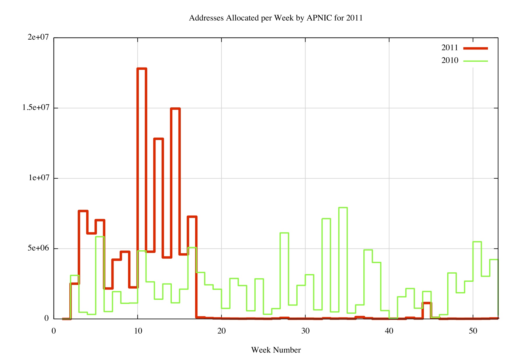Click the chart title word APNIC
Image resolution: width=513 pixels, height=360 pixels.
[x=319, y=18]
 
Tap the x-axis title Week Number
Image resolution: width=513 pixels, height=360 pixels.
[x=276, y=350]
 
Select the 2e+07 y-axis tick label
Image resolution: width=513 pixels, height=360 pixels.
[x=38, y=37]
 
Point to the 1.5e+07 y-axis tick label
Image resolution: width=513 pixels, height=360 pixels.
[x=36, y=108]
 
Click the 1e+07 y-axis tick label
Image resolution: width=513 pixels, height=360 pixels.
[x=39, y=178]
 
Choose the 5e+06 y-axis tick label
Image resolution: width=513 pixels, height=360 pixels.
[x=38, y=248]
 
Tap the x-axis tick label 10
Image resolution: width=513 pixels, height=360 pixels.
[x=138, y=331]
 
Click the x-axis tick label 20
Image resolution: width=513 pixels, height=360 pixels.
[x=222, y=331]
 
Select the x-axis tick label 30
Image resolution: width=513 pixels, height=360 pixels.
[x=305, y=331]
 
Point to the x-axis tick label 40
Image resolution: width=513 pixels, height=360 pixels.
[x=389, y=331]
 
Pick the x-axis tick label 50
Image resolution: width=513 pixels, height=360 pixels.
[x=473, y=331]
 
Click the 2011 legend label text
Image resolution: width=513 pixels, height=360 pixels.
[x=450, y=48]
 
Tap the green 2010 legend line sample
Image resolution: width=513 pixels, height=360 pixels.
[x=475, y=61]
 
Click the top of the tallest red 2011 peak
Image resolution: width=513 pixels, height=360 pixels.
[x=142, y=69]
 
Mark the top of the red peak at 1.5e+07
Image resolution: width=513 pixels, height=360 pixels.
[x=175, y=109]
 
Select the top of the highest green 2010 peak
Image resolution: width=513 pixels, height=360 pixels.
[x=343, y=208]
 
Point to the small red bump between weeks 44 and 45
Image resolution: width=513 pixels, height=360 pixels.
[x=427, y=303]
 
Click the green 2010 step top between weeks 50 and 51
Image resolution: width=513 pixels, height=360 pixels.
[x=477, y=242]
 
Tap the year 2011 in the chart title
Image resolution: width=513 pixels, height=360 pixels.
[x=354, y=18]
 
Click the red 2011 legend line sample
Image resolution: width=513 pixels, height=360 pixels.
[x=475, y=48]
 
